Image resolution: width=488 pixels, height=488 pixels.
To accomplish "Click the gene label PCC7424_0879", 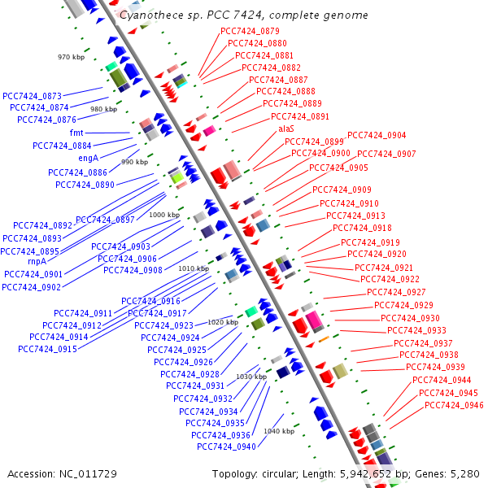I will (x=250, y=31).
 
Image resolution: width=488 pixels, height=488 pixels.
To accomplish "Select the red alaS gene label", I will (x=286, y=129).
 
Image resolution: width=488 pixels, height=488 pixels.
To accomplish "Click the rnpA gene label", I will (x=37, y=261).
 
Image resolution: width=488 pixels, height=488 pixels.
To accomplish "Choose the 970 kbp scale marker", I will (x=72, y=57).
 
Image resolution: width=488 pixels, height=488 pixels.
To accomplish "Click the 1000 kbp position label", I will (x=164, y=215).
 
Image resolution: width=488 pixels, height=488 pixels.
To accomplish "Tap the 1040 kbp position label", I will (x=278, y=431).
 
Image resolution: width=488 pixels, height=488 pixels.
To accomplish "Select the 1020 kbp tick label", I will (x=222, y=322).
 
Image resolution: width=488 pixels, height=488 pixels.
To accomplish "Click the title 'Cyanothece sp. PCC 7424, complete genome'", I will (x=243, y=15).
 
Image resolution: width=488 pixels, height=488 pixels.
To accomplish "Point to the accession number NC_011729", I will (x=62, y=473).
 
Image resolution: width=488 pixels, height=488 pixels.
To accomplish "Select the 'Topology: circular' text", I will (x=246, y=473).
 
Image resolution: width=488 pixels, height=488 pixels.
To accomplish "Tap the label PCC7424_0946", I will (x=454, y=405).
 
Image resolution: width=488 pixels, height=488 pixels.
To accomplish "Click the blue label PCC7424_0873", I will (x=33, y=95).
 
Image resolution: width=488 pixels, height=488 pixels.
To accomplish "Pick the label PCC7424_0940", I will (x=226, y=447).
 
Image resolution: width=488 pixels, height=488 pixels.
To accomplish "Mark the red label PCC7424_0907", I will (x=386, y=154).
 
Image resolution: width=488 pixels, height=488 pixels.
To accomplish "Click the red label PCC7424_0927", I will (x=396, y=292).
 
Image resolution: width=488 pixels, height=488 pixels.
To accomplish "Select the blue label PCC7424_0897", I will (x=105, y=220).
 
